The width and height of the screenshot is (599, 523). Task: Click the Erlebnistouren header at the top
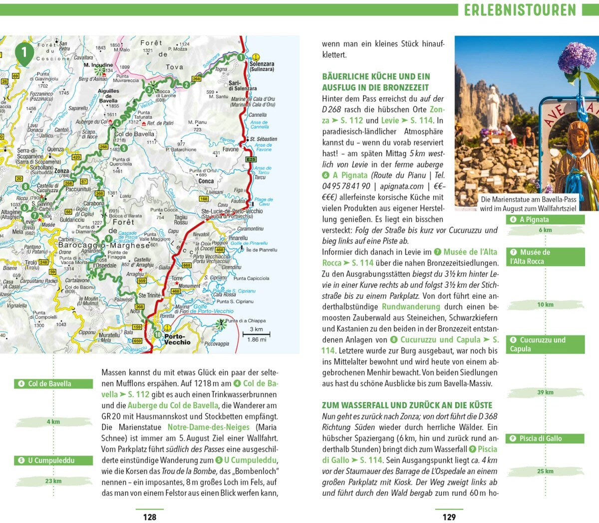tap(520, 9)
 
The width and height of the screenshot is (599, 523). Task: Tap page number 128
tap(150, 517)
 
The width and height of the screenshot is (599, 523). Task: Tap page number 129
tap(449, 517)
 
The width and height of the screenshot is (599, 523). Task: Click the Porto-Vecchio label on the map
tap(177, 339)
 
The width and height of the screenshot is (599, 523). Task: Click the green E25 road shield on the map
tap(251, 159)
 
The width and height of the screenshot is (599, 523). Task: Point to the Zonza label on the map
tap(62, 171)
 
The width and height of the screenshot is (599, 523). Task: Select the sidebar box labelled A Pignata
tap(545, 220)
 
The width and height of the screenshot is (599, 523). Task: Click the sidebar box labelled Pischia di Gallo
tap(545, 439)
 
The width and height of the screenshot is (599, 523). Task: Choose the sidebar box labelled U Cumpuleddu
tap(53, 460)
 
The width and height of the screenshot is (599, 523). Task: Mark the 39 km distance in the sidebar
tap(545, 392)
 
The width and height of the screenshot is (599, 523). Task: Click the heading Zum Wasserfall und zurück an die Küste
tap(407, 405)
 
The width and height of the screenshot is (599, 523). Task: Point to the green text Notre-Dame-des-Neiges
tap(208, 427)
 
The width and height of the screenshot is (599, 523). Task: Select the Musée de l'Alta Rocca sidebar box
tap(545, 257)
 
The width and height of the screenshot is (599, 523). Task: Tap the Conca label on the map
tap(206, 181)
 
